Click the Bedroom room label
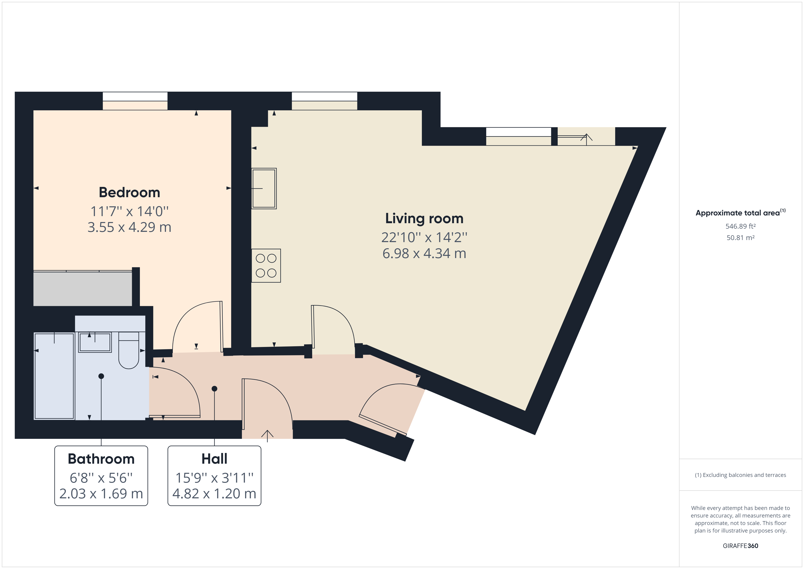(129, 192)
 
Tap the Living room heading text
(424, 218)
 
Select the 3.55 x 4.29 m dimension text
(129, 227)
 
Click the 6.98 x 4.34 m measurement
(424, 253)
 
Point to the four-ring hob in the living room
(266, 266)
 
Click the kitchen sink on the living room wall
(264, 189)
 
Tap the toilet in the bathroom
(129, 350)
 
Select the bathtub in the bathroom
(54, 376)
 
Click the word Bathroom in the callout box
(101, 459)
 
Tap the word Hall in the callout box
(214, 459)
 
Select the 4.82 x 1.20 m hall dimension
(214, 494)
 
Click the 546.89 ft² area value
(740, 226)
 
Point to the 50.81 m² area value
(740, 238)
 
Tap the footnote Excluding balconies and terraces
(740, 475)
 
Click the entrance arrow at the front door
(267, 435)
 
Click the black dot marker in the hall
(214, 388)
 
